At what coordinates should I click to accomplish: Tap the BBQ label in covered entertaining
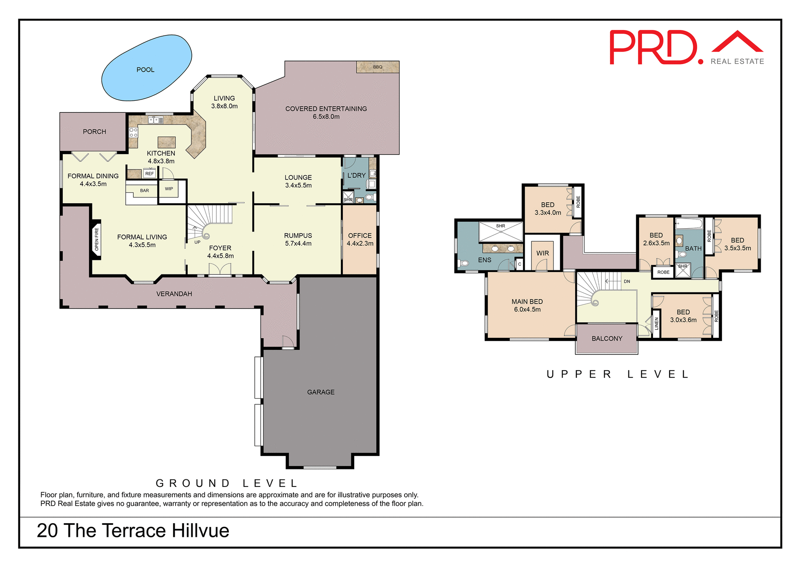click(x=377, y=67)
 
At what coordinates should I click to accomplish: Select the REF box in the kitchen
click(x=149, y=174)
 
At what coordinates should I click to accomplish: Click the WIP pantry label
click(x=169, y=189)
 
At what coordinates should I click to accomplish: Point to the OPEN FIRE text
click(x=97, y=239)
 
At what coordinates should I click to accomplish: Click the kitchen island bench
click(x=166, y=142)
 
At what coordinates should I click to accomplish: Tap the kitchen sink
click(x=156, y=120)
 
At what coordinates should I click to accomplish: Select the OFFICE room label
click(x=360, y=236)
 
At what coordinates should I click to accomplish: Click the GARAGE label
click(x=320, y=392)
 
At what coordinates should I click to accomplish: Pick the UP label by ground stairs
click(x=197, y=242)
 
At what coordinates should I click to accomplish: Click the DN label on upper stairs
click(x=627, y=282)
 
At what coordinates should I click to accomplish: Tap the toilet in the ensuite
click(x=464, y=263)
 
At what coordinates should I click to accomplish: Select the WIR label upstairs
click(x=542, y=253)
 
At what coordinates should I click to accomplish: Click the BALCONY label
click(x=607, y=339)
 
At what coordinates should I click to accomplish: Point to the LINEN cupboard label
click(x=656, y=324)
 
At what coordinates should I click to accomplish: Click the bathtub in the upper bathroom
click(x=689, y=224)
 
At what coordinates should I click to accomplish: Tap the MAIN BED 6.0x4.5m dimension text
click(x=527, y=309)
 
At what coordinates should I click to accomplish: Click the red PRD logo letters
click(x=653, y=47)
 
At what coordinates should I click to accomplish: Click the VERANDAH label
click(x=174, y=294)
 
